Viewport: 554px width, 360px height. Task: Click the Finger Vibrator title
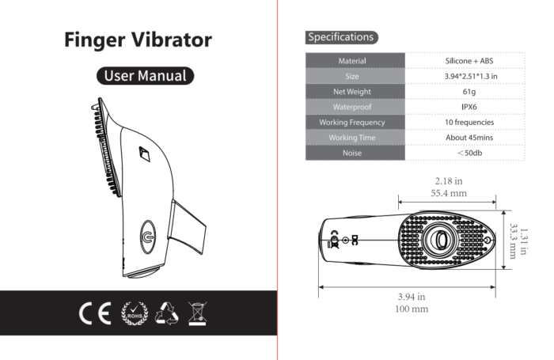138,40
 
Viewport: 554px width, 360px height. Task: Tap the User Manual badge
145,76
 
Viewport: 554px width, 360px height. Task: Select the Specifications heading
341,36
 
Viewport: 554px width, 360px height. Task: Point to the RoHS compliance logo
134,312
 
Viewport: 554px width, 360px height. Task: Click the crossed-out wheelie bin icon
197,312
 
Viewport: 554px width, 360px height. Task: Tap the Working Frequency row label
352,123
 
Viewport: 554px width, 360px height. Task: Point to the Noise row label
352,153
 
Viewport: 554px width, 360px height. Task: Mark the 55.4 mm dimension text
449,192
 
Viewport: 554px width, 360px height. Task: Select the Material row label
352,61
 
